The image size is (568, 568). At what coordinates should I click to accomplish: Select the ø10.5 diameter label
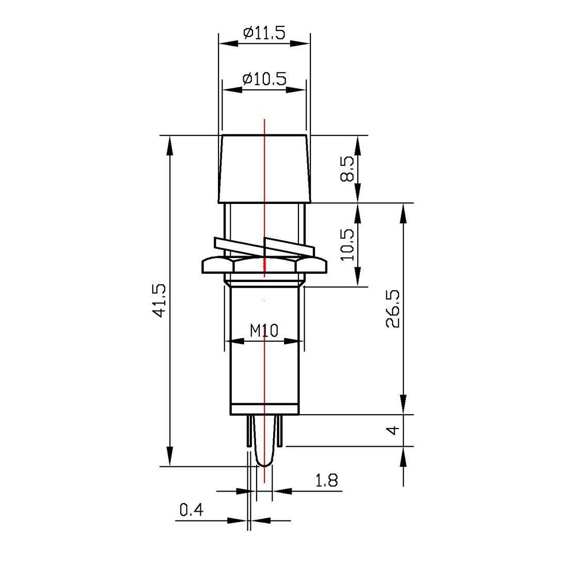tap(264, 78)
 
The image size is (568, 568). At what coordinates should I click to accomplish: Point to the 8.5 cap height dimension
tap(348, 169)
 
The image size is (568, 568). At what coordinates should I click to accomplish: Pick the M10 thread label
tap(264, 330)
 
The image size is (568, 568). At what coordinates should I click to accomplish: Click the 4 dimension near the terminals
tap(393, 430)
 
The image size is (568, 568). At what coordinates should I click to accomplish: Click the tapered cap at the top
tap(264, 168)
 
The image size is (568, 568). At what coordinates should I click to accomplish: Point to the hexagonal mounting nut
tap(264, 266)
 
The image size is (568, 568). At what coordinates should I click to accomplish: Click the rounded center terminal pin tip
tap(264, 461)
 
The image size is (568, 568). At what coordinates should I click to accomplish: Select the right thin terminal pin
tap(280, 431)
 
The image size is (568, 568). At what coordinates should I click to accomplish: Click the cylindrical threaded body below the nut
tap(264, 372)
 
